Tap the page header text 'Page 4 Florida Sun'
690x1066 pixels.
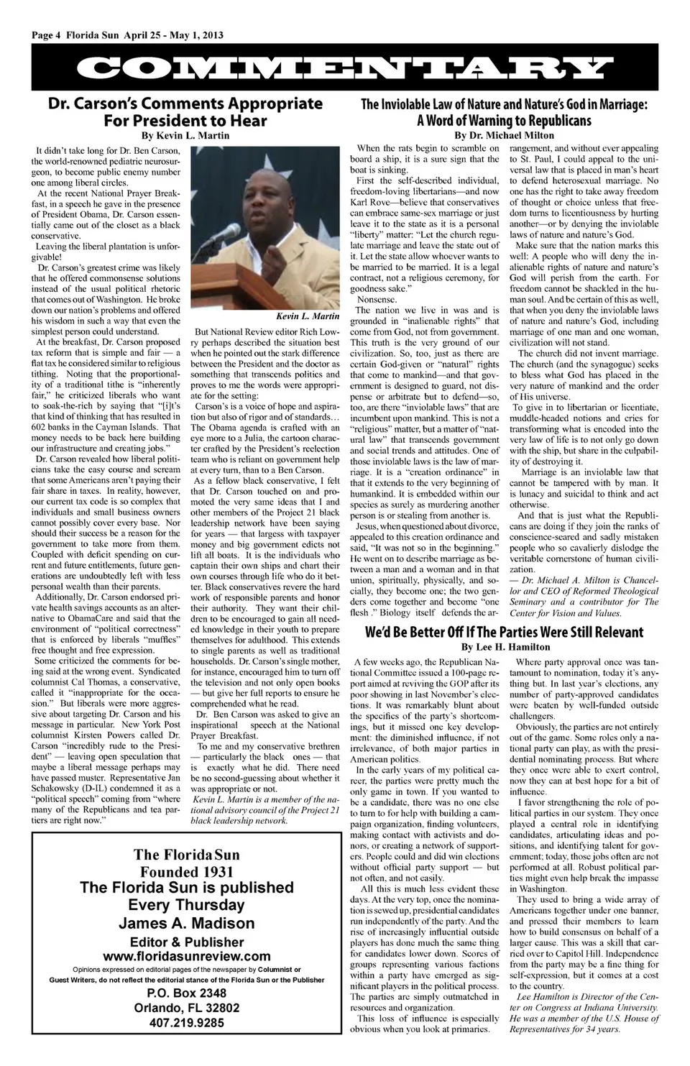coord(75,35)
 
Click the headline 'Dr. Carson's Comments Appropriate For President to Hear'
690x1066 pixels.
coord(185,112)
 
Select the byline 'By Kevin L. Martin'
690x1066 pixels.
coord(185,135)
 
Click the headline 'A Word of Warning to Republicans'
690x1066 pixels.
coord(503,120)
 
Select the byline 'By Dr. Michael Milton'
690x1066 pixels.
coord(503,135)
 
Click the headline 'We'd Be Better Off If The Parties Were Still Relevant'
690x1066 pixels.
coord(503,633)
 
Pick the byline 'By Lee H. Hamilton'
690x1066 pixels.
coord(503,648)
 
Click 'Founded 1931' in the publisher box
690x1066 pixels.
coord(187,871)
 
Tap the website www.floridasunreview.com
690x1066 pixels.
coord(187,956)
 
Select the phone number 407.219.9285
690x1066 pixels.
coord(187,1023)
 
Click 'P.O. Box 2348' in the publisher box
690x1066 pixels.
coord(187,993)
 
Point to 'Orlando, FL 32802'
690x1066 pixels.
coord(187,1008)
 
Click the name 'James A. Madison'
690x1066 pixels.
coord(187,923)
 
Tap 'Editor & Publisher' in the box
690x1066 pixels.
coord(187,941)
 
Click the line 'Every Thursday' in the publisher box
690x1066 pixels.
coord(187,905)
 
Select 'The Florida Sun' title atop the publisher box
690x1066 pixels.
coord(187,855)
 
